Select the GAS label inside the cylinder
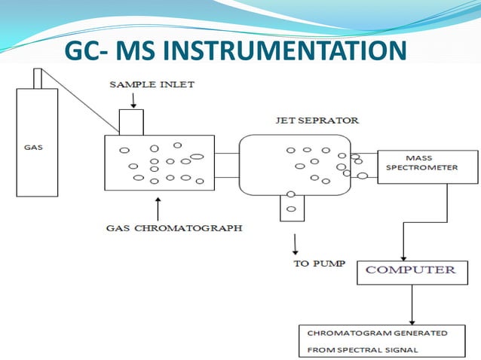[32, 148]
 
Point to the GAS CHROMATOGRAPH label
[174, 227]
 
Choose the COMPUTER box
[410, 270]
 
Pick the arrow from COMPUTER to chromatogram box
[412, 305]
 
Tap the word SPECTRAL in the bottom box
[366, 349]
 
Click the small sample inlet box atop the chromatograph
[131, 122]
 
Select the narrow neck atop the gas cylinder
[38, 78]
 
